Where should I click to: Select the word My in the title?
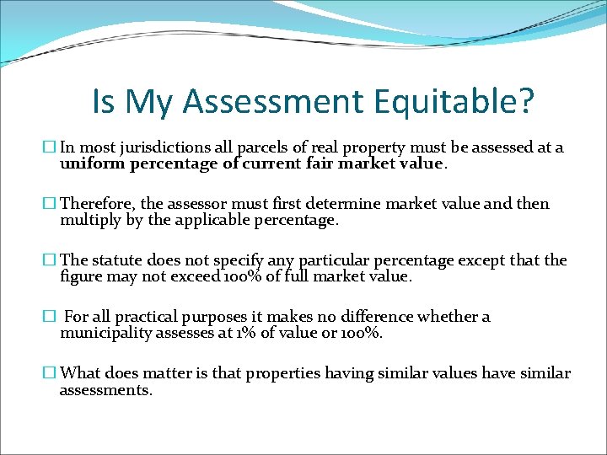tap(152, 102)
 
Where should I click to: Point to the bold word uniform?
tap(93, 164)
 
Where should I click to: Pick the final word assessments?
tap(105, 390)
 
